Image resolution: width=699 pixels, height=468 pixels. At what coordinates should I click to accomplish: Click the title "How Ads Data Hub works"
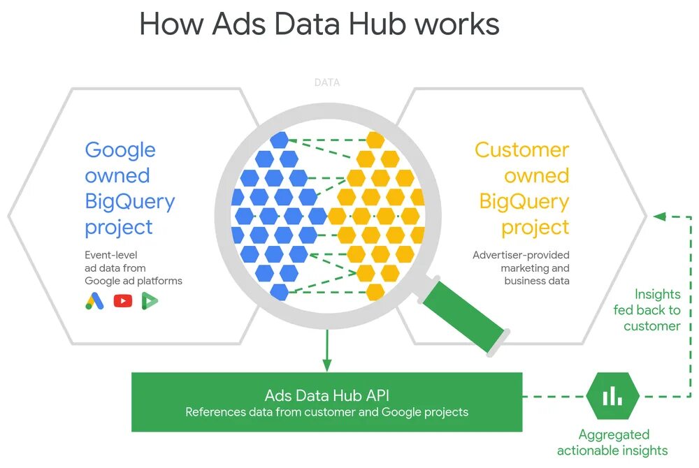click(319, 24)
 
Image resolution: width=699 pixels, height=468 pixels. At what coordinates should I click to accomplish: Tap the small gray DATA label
click(327, 82)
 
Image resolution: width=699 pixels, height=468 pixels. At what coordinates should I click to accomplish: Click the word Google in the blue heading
click(120, 150)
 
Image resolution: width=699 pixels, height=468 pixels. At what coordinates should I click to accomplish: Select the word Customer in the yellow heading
click(521, 150)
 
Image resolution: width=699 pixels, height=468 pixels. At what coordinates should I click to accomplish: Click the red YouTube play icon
click(123, 301)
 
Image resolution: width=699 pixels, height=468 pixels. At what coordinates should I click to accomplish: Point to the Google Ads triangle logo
click(94, 301)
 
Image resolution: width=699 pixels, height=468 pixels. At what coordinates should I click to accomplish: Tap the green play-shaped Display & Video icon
click(150, 301)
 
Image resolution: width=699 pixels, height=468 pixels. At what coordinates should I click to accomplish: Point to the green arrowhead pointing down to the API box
click(326, 365)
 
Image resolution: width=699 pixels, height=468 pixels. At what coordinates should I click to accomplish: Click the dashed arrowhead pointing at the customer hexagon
click(658, 217)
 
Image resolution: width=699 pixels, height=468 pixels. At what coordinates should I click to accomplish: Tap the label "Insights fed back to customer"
click(647, 310)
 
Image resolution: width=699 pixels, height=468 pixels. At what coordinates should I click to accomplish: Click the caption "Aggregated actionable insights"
click(612, 443)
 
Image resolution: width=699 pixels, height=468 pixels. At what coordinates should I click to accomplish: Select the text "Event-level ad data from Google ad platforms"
click(133, 268)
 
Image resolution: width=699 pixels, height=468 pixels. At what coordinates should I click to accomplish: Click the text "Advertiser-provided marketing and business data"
click(521, 268)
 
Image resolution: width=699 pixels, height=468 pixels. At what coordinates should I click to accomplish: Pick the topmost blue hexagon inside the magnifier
click(280, 140)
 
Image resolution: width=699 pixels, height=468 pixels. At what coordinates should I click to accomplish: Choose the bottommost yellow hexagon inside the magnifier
click(375, 291)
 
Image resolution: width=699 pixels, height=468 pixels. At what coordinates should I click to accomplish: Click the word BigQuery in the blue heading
click(130, 202)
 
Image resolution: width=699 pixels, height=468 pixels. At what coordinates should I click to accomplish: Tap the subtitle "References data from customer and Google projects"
click(326, 412)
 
